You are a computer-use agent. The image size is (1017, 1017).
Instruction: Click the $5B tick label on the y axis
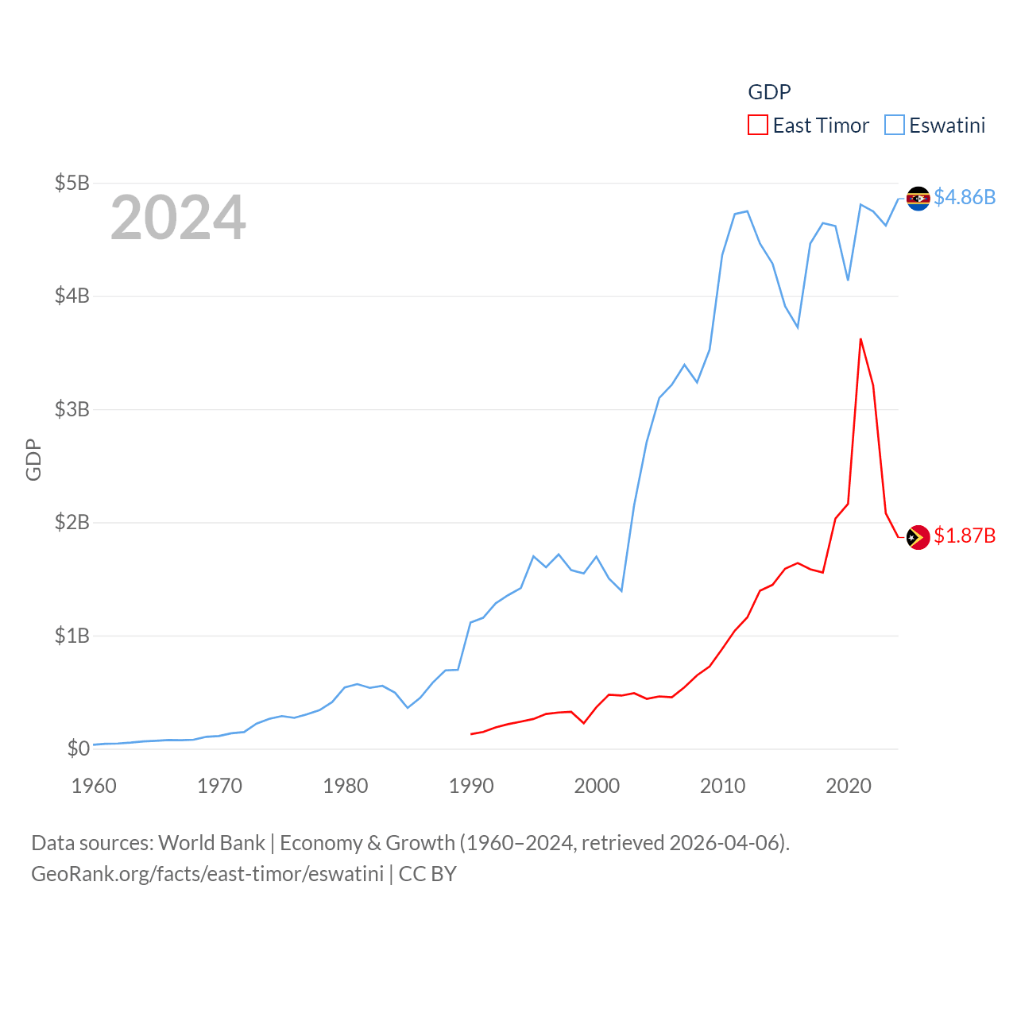pos(72,183)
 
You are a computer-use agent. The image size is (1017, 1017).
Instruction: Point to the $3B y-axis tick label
pos(72,409)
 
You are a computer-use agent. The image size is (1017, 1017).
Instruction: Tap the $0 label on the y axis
pos(78,748)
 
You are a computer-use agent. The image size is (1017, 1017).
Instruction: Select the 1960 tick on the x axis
pos(94,786)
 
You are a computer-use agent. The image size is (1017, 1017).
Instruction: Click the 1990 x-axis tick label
pos(471,786)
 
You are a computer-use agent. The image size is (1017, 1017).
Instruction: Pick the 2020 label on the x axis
pos(849,786)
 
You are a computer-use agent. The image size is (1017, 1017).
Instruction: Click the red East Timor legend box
pos(758,126)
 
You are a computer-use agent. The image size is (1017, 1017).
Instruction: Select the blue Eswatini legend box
pos(895,126)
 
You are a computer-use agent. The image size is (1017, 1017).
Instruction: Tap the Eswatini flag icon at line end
pos(918,198)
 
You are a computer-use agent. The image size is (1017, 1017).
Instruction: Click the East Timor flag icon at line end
pos(918,537)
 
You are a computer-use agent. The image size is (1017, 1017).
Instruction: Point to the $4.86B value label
pos(965,197)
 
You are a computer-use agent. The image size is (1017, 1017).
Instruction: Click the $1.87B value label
pos(965,536)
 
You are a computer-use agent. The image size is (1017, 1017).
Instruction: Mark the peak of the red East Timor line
pos(860,339)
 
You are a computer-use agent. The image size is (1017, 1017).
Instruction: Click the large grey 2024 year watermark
pos(178,218)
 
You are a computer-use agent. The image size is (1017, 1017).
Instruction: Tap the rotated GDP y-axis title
pos(33,459)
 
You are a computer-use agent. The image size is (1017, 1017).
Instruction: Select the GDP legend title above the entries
pos(769,92)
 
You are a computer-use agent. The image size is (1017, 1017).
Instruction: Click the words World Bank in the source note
pos(212,843)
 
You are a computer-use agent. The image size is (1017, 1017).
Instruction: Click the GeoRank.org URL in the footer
pos(207,874)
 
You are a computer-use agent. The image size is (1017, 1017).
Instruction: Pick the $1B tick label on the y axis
pos(72,636)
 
